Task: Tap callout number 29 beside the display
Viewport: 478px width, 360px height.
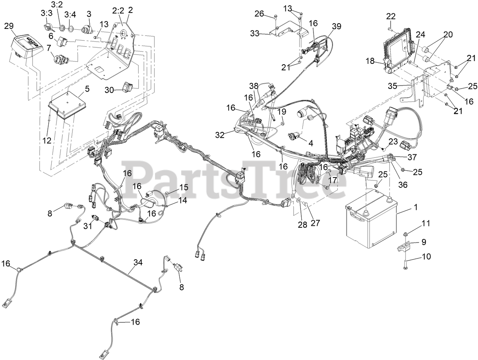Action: [9, 26]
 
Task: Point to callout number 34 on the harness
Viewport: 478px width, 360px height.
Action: [139, 262]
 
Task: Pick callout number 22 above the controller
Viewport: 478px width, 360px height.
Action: [391, 16]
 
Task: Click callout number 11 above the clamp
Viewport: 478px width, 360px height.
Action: [426, 223]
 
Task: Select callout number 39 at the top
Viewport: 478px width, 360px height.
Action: [336, 26]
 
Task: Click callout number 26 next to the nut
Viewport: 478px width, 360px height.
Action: [259, 14]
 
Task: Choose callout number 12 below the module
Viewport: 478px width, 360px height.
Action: [46, 141]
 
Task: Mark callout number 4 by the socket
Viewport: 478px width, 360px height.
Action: [310, 143]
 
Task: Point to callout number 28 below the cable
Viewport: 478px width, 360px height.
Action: [302, 225]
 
